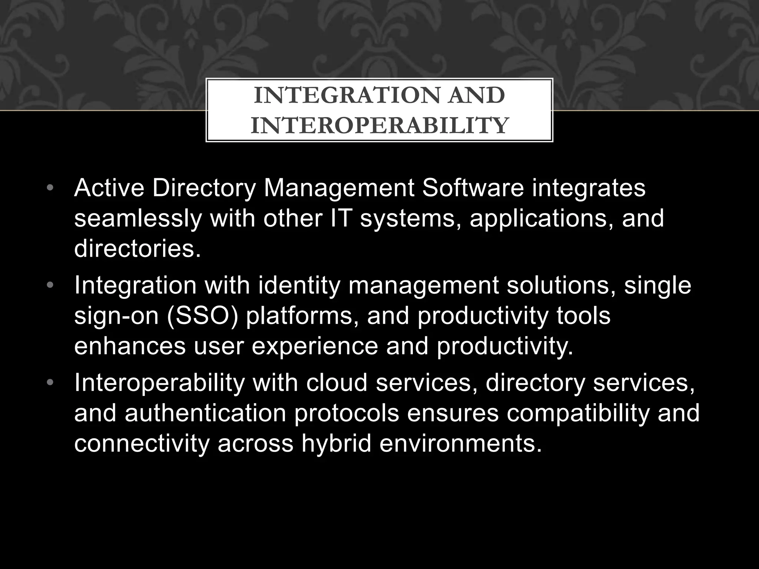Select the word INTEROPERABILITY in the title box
tap(379, 125)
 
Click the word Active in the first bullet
tap(109, 188)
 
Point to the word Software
tap(473, 188)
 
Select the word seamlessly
tap(138, 218)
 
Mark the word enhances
tap(130, 346)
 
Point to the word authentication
tap(205, 413)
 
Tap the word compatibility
tap(578, 414)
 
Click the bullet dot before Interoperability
tap(51, 382)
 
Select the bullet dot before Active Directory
tap(51, 188)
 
